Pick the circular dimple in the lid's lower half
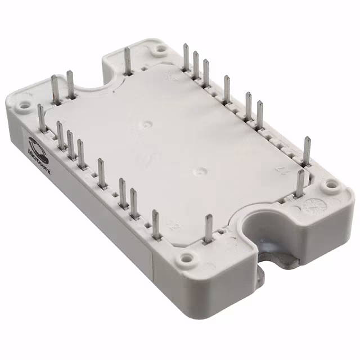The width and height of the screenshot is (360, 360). [x=200, y=167]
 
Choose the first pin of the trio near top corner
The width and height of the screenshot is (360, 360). [x=186, y=56]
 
